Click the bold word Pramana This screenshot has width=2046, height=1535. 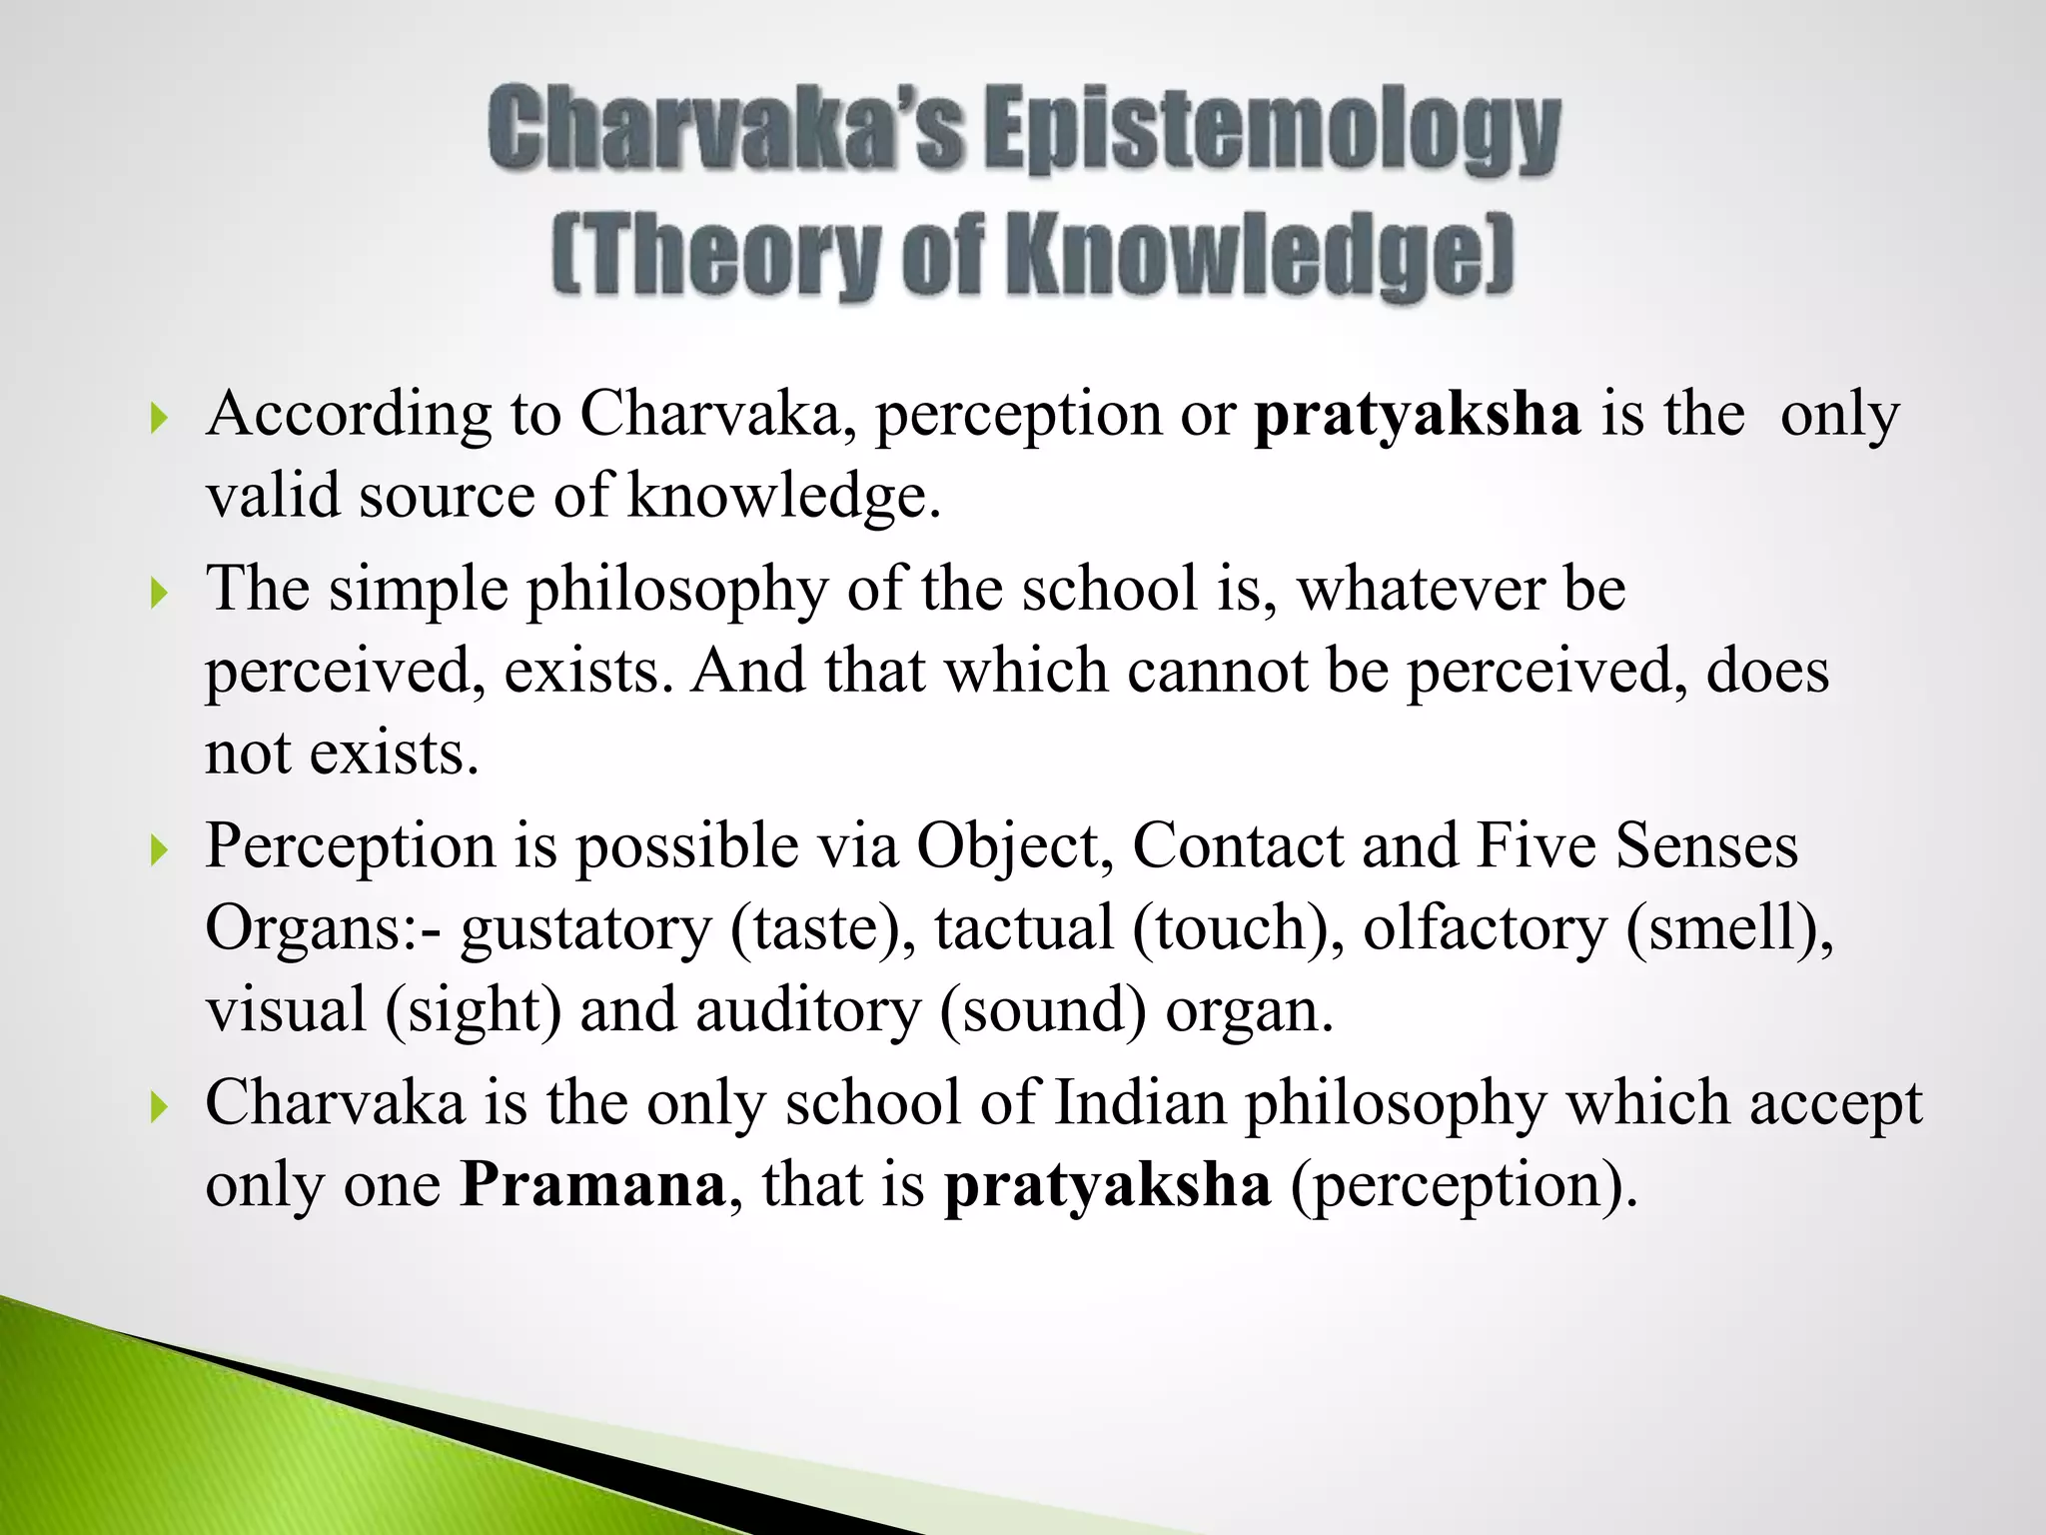point(592,1184)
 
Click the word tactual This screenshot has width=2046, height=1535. point(1024,927)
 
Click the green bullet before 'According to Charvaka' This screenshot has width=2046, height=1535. point(158,418)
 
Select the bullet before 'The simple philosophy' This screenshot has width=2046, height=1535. point(158,593)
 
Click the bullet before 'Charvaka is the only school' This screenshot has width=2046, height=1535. point(158,1107)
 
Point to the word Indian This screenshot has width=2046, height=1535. point(1140,1103)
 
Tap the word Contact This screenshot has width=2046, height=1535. point(1238,845)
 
